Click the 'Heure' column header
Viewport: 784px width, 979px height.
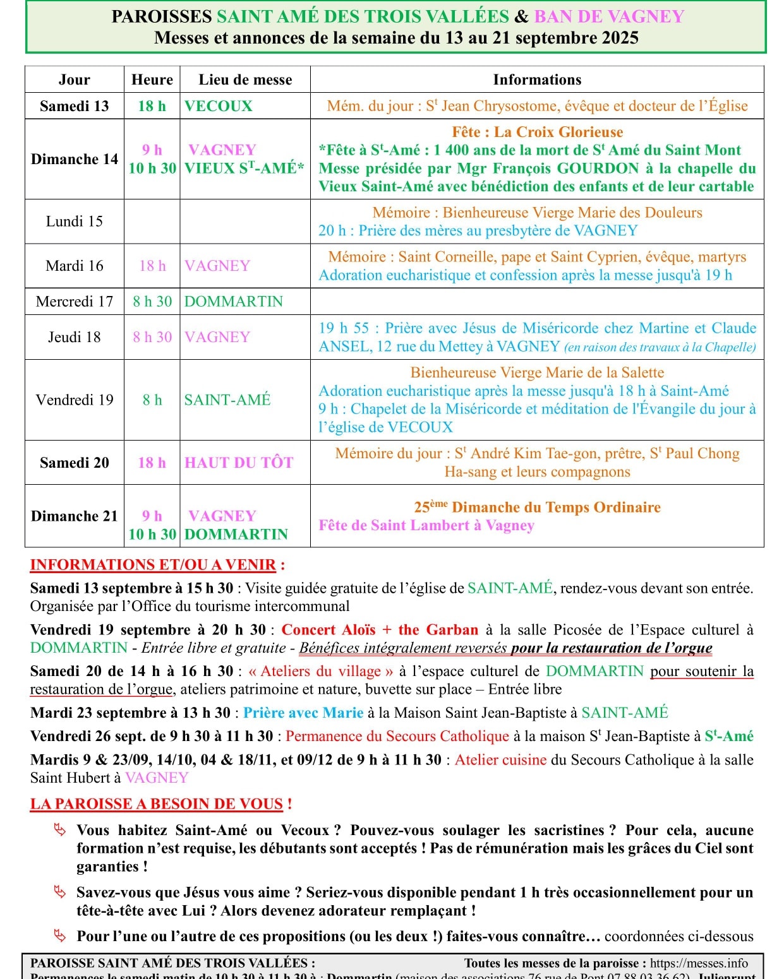[x=152, y=80]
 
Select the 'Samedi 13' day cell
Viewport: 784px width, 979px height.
[x=74, y=106]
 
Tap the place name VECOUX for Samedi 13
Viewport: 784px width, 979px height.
[x=218, y=106]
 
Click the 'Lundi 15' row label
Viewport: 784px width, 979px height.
[x=74, y=222]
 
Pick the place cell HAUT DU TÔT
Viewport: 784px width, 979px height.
[x=239, y=463]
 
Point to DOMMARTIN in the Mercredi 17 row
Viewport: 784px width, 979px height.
[x=233, y=302]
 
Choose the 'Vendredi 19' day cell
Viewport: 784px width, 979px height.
[x=74, y=400]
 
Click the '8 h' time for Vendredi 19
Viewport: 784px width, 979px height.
[x=152, y=400]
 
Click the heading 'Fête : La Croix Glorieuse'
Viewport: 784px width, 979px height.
[x=537, y=132]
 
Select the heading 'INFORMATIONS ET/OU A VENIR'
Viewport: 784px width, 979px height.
[x=154, y=565]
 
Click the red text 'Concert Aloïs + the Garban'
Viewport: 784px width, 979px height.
[x=380, y=630]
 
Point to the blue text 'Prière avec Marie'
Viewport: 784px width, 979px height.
[x=303, y=713]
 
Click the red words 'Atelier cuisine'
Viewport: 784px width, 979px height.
[x=500, y=760]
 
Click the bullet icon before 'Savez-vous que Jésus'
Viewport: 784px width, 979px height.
[x=60, y=893]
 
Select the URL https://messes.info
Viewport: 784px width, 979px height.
[x=699, y=963]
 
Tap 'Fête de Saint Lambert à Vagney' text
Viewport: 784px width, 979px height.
[x=426, y=526]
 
